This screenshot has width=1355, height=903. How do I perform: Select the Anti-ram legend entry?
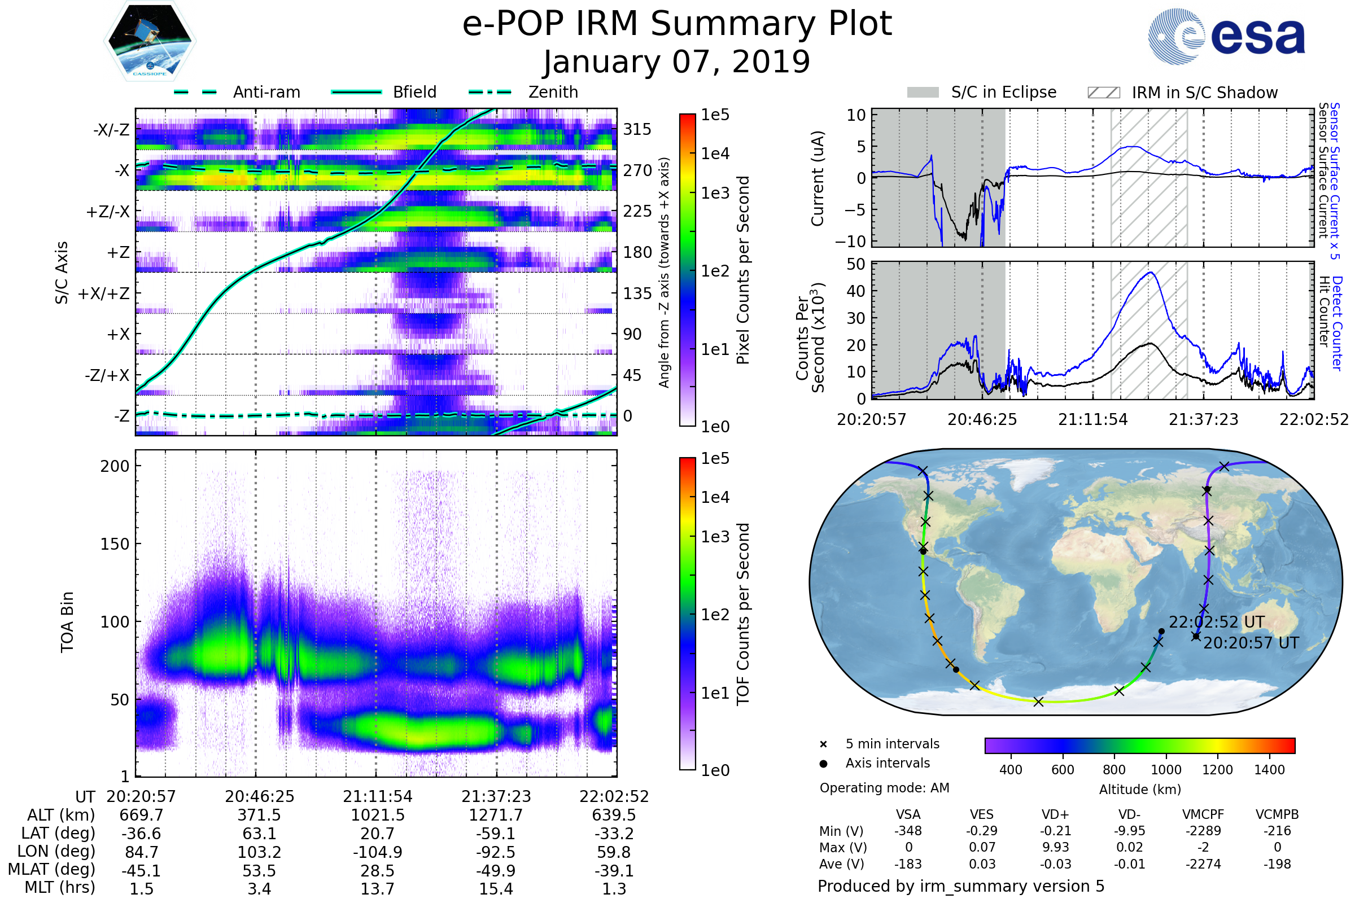coord(266,92)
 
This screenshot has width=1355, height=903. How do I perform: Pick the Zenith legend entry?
coord(553,92)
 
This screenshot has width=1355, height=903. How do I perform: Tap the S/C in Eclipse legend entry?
coord(1003,92)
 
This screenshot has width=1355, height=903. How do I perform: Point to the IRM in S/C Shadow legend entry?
coord(1204,93)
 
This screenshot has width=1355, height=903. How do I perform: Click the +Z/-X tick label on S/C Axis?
coord(108,212)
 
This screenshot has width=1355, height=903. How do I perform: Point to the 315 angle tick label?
coord(637,129)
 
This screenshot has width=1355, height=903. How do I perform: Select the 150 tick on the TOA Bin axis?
coord(115,544)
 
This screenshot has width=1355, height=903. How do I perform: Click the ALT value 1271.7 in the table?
coord(496,816)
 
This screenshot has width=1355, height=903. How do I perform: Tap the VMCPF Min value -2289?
coord(1203,831)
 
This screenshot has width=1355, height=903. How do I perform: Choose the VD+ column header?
coord(1055,814)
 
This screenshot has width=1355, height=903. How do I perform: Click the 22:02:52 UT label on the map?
coord(1216,623)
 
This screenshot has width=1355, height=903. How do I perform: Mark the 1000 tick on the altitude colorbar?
coord(1166,770)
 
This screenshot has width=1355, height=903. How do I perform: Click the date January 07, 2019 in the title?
coord(677,62)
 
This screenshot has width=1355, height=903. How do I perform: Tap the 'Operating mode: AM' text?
coord(884,788)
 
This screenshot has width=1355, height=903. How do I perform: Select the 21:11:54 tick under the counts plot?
coord(1093,419)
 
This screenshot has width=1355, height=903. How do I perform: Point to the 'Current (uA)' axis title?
coord(818,178)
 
